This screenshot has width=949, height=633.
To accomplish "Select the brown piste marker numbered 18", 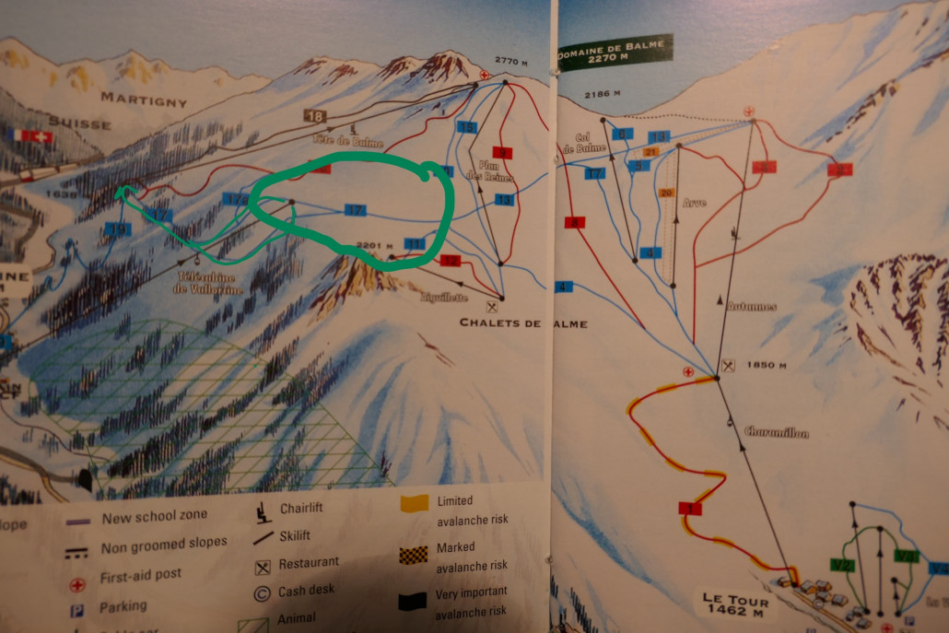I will coord(316,116).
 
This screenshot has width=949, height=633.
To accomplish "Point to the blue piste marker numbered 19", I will coord(117,229).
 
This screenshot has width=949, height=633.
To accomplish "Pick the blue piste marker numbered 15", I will coord(467,127).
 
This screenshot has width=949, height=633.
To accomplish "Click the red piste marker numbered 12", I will coord(450,261).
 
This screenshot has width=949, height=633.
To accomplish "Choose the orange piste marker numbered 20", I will coord(667,193).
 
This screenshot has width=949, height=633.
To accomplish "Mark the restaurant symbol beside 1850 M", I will coord(730,366).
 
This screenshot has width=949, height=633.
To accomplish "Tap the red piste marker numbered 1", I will coord(689,508).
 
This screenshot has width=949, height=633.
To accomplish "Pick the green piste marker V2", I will coord(840,564).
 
